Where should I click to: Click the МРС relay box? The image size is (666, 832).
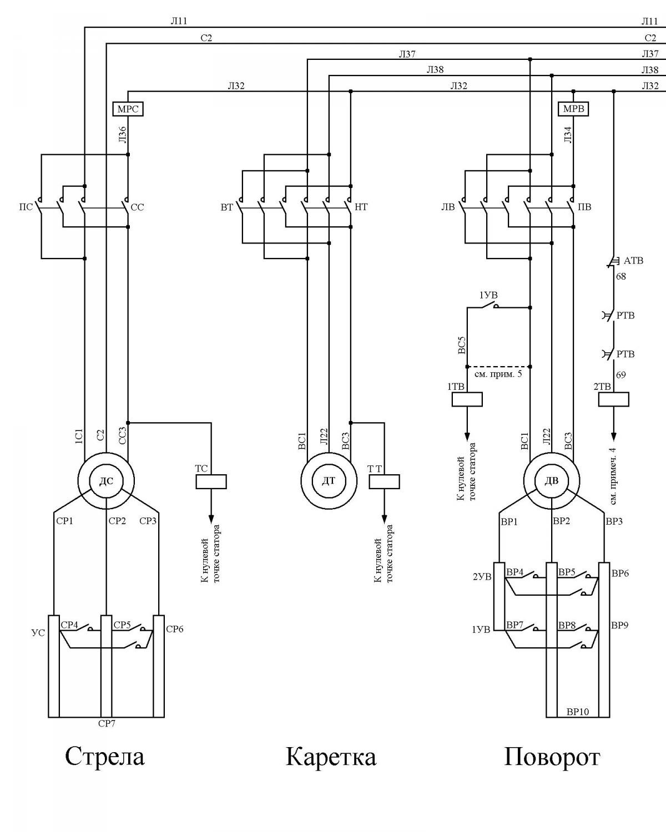(x=128, y=109)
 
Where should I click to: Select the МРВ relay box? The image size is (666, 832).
(x=573, y=109)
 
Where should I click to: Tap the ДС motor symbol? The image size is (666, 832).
(x=106, y=481)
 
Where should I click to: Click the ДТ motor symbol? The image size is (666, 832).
(x=329, y=481)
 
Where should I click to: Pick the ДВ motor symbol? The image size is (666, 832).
(x=552, y=481)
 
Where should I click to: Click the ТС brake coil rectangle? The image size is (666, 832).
(x=211, y=481)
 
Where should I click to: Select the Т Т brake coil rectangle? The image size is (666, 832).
(x=384, y=481)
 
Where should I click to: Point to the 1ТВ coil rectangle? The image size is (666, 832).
(x=467, y=399)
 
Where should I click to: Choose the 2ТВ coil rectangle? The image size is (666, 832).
(x=614, y=399)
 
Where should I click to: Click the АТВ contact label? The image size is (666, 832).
(x=633, y=261)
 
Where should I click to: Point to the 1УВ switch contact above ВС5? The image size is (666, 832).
(x=488, y=306)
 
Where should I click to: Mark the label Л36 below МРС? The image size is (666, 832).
(x=122, y=135)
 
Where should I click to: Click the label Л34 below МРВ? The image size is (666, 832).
(x=568, y=135)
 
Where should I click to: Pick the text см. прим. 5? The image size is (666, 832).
(x=498, y=374)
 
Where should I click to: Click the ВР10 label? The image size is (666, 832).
(x=578, y=712)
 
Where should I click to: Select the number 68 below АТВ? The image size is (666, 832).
(x=620, y=276)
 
